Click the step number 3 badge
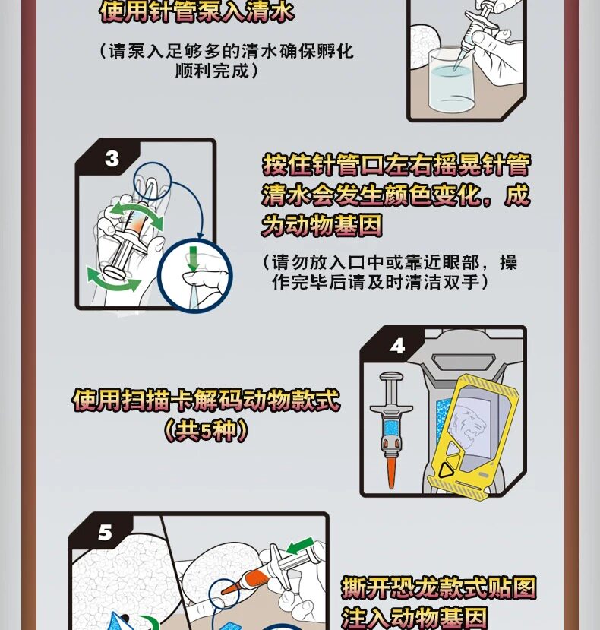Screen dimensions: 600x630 coord(112,159)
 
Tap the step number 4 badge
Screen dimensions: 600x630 coord(397,346)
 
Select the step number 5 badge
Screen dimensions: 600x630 coord(106,533)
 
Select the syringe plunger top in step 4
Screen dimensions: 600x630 coord(391,377)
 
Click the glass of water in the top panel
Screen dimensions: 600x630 coord(453,81)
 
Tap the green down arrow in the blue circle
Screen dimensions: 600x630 coord(193,258)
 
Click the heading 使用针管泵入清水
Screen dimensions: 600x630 coord(197,11)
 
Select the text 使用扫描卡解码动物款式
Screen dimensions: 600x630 coord(207,400)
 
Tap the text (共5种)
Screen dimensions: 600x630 coord(206,430)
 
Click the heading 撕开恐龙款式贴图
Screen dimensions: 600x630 coord(438,587)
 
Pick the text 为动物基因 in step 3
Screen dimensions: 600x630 coord(322,225)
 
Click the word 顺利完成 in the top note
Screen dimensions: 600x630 coord(213,71)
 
